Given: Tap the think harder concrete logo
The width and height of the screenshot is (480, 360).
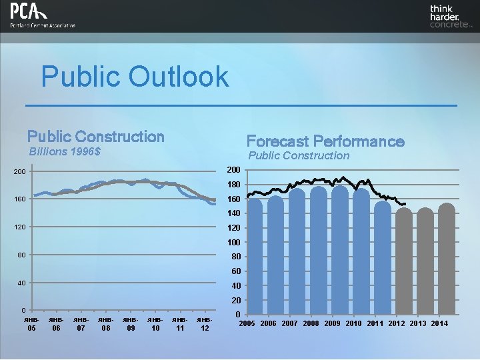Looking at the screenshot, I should point(451,17).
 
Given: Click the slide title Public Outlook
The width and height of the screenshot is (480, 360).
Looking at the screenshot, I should point(135,77).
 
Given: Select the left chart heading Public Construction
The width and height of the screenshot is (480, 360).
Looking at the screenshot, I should point(95,137).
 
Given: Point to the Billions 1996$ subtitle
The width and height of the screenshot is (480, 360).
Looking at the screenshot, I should point(65,152).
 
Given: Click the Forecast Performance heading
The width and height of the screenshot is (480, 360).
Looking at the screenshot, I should point(325,141).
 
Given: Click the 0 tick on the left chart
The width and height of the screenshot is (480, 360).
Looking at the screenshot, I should point(23,311).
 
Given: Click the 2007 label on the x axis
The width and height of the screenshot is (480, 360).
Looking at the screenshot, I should point(290,324).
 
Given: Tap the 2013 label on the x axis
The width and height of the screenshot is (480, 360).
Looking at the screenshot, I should point(418,324).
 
